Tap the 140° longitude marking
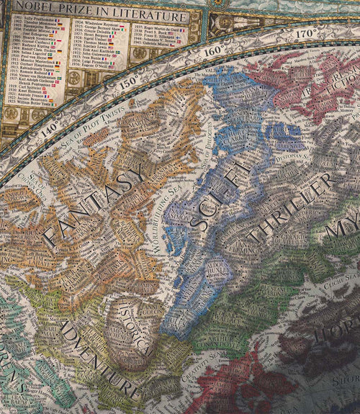tap(50, 130)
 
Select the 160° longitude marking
tap(213, 51)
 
